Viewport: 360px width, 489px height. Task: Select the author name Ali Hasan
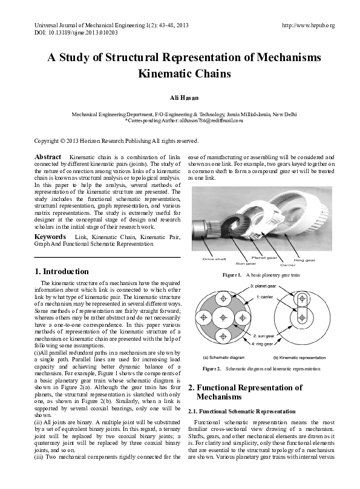tap(180, 97)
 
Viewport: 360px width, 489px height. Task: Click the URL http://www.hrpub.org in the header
tap(309, 25)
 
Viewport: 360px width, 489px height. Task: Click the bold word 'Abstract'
tap(48, 157)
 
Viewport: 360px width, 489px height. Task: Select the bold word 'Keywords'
tap(50, 236)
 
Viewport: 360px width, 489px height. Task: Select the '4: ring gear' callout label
tap(264, 344)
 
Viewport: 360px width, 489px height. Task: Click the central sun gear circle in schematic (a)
tap(223, 317)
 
